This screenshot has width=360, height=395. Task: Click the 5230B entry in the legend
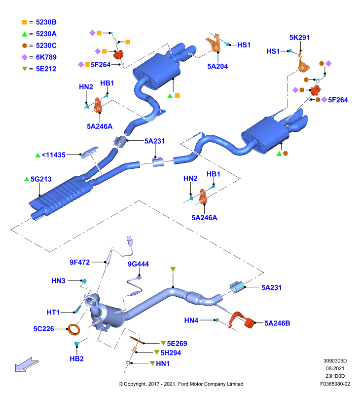click(x=46, y=22)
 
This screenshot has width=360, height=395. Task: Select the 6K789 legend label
click(x=46, y=57)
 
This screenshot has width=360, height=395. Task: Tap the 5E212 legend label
click(x=46, y=69)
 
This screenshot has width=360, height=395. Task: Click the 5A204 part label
click(x=217, y=66)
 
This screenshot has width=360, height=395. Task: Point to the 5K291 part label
click(x=299, y=38)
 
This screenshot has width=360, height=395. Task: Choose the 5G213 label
click(x=41, y=179)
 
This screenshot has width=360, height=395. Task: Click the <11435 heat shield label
click(x=53, y=155)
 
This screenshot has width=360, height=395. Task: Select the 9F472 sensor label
click(x=80, y=262)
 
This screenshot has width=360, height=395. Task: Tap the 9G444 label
click(x=139, y=264)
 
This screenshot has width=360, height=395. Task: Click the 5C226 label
click(x=44, y=329)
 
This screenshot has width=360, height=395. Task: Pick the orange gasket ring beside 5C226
click(x=74, y=330)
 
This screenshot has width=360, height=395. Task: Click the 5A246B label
click(x=277, y=323)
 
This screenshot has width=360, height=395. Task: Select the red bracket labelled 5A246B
click(x=242, y=319)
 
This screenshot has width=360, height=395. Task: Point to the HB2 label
click(x=76, y=359)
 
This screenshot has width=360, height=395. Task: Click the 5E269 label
click(x=177, y=344)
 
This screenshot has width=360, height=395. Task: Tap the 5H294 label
click(x=171, y=353)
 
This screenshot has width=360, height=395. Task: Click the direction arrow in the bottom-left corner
click(x=27, y=364)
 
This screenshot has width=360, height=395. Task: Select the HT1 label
click(x=53, y=313)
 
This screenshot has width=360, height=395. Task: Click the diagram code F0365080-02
click(x=335, y=384)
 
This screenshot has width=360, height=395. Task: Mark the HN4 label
click(x=191, y=320)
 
